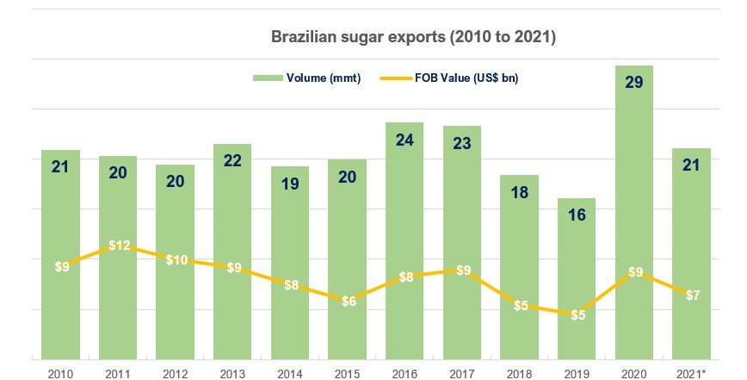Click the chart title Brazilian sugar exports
click(413, 37)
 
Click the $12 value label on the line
click(118, 246)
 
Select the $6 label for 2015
click(348, 301)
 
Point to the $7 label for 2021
click(692, 294)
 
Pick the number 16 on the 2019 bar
click(577, 215)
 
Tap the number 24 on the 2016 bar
click(404, 140)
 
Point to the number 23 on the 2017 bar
click(462, 143)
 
